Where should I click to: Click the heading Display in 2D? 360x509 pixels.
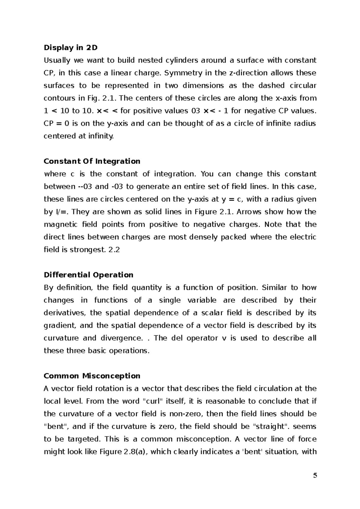click(71, 48)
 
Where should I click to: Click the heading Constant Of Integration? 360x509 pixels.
click(92, 161)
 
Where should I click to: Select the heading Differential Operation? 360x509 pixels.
click(88, 275)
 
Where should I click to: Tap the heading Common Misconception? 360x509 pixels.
click(92, 376)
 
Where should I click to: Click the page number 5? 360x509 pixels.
click(315, 484)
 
